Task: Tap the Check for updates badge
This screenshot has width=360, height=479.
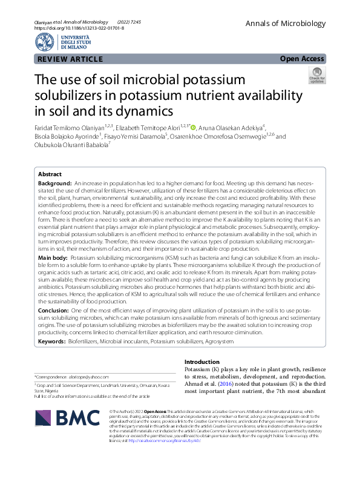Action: coord(316,75)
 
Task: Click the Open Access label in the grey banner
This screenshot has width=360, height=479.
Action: coord(303,59)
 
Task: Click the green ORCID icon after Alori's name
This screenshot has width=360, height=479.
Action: coord(194,127)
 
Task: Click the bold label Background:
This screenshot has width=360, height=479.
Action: coord(55,183)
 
